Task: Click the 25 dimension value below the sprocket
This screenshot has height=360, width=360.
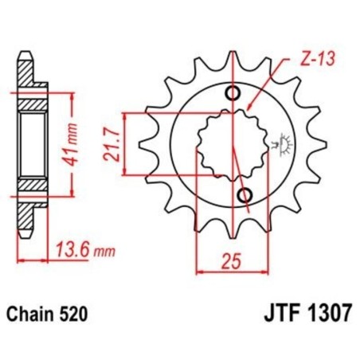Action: pyautogui.click(x=229, y=259)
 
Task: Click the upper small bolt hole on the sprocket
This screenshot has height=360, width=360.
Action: pyautogui.click(x=233, y=94)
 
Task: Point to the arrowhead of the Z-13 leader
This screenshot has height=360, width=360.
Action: pyautogui.click(x=249, y=106)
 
